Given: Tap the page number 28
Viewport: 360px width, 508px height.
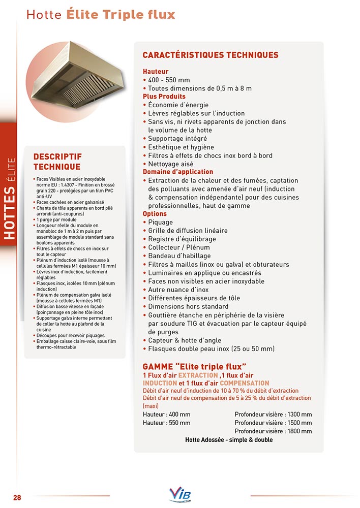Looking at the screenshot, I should [x=17, y=497].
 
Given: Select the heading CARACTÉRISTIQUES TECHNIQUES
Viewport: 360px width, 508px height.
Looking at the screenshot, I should [x=210, y=55].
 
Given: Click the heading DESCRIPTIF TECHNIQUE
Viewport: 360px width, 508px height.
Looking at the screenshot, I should [x=57, y=162].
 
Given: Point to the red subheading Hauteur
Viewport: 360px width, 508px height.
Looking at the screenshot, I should [x=156, y=72].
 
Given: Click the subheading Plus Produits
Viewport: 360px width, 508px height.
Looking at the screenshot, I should [x=164, y=97].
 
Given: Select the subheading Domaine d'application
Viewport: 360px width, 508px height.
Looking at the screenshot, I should [x=177, y=172].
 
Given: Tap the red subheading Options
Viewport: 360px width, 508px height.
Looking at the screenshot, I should [x=155, y=214].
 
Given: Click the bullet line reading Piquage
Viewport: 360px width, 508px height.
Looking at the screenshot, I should [x=160, y=222].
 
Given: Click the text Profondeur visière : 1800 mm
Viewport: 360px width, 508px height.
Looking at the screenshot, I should [x=273, y=431].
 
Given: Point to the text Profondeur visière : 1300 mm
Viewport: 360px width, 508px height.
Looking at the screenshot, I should [x=273, y=414].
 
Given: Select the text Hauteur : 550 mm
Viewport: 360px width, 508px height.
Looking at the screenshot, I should [x=167, y=423].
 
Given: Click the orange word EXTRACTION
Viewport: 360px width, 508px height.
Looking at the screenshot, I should [x=198, y=375].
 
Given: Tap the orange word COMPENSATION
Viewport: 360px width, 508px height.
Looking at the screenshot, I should [x=244, y=383].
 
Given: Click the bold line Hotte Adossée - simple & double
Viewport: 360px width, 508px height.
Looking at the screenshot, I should [x=229, y=440].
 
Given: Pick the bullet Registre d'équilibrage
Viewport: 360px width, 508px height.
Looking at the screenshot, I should [x=182, y=239].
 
